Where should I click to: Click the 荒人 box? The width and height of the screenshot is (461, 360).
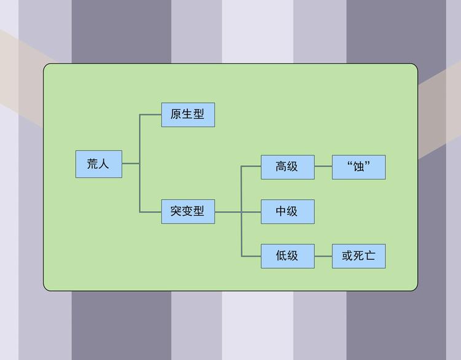[x=98, y=164]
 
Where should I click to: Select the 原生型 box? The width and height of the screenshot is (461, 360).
[x=188, y=114]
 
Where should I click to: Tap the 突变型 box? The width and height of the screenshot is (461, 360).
[x=188, y=212]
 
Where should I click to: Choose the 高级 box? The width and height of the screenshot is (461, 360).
[x=287, y=166]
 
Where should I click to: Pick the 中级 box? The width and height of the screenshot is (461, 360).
[x=287, y=212]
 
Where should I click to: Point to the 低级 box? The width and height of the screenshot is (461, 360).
[x=287, y=256]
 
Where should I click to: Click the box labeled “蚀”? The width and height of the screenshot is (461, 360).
[x=359, y=166]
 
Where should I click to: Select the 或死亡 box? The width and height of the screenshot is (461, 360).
[x=359, y=256]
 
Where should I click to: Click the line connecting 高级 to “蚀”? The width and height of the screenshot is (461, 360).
[x=323, y=166]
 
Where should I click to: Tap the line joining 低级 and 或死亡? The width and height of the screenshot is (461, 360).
[x=323, y=256]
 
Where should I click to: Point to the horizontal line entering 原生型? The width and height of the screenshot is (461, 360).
[x=151, y=114]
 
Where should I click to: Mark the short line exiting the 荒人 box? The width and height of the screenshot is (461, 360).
[x=130, y=164]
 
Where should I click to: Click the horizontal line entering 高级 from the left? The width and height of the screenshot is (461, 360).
[x=251, y=166]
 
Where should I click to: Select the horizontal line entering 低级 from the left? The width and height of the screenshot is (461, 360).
[x=251, y=256]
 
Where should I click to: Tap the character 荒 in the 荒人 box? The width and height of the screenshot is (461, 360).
[x=93, y=164]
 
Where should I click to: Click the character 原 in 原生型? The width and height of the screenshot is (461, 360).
[x=176, y=114]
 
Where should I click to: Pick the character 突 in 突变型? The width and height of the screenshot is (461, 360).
[x=176, y=212]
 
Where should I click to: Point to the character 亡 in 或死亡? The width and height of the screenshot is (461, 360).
[x=370, y=256]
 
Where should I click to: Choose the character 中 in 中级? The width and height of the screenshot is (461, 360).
[x=282, y=212]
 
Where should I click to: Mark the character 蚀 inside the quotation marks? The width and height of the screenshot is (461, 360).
[x=359, y=167]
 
